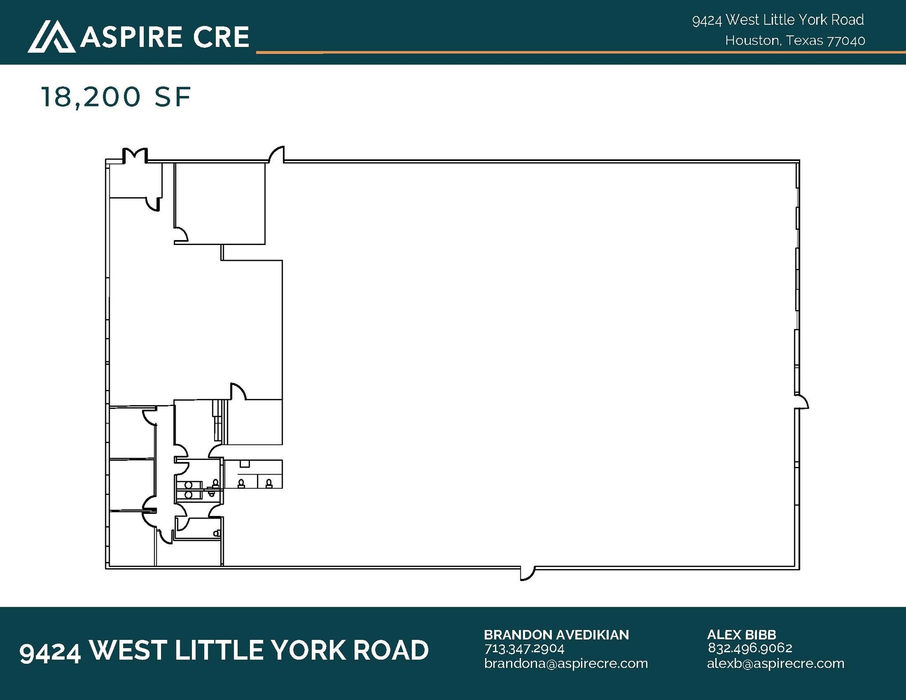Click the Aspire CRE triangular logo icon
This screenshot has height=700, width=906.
(51, 37)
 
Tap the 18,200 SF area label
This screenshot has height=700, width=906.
(116, 97)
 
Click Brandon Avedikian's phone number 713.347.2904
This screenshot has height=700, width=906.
(524, 649)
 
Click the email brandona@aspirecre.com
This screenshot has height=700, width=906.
(566, 663)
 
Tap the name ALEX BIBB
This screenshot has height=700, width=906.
(741, 635)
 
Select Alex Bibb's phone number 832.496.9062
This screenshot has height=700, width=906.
(750, 648)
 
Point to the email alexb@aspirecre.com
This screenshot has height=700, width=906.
(775, 663)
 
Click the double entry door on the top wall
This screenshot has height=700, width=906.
(134, 156)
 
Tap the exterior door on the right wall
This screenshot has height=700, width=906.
(802, 401)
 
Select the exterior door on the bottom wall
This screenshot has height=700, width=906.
(527, 573)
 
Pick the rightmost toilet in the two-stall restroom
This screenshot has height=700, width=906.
(269, 483)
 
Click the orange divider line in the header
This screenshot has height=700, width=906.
(581, 52)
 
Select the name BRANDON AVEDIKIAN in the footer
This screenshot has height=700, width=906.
(556, 635)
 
